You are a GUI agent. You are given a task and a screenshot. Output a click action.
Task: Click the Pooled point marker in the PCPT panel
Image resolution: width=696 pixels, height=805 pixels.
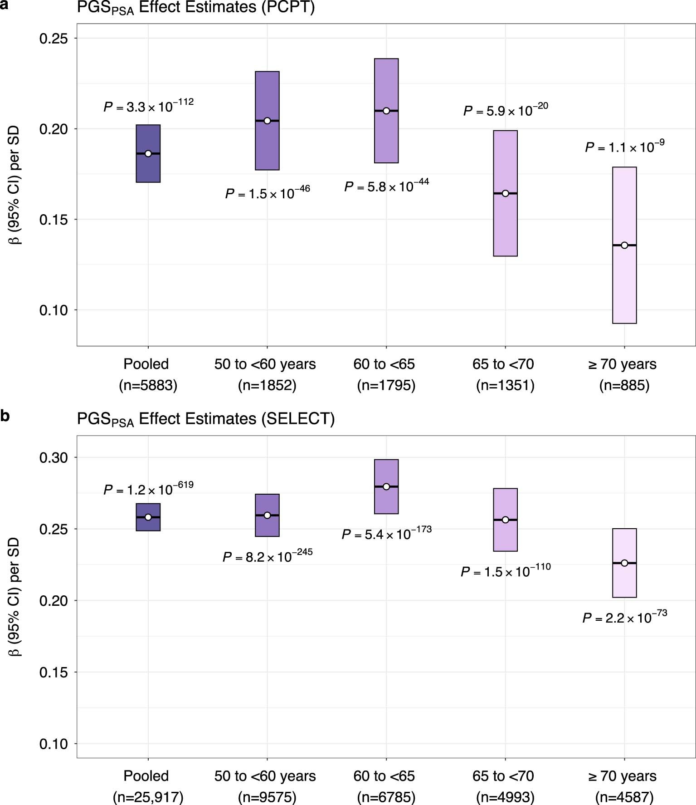point(148,153)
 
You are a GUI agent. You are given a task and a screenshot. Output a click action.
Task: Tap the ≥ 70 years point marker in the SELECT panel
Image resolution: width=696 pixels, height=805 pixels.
point(624,563)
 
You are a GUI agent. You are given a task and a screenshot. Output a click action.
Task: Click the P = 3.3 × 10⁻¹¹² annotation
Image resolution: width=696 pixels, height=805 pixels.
point(148,106)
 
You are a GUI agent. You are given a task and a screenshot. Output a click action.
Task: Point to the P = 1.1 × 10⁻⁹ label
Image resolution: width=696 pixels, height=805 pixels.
point(624,147)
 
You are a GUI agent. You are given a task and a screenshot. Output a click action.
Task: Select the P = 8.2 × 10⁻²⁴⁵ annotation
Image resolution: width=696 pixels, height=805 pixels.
point(267,556)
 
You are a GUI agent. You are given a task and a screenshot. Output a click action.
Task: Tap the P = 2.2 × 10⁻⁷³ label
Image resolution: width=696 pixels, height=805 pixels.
point(624,617)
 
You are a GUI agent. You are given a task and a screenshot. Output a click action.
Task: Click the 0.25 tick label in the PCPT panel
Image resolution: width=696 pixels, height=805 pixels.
point(54,39)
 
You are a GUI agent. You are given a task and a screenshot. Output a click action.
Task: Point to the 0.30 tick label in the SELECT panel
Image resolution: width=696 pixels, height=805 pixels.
point(54,457)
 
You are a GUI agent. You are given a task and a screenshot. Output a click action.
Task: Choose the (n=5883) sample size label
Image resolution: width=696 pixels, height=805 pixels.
point(148,385)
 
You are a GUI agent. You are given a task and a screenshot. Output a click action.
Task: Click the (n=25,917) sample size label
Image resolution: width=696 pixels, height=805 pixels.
point(148,797)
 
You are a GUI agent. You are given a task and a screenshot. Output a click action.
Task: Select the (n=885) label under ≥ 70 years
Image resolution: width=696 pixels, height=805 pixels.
point(624,385)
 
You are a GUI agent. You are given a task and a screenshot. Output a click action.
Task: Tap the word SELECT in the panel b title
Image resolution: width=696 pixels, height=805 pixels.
point(297,418)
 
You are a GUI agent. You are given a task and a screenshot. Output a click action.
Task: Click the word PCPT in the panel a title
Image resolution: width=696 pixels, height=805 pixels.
point(287,7)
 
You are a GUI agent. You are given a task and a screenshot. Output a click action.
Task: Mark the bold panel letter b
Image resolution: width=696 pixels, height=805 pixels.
point(5,416)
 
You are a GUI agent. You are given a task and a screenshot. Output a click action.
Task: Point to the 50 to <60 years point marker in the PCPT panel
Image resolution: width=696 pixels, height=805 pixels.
point(267,121)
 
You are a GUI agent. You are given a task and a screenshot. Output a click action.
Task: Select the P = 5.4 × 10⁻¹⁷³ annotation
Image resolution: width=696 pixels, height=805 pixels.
point(386,534)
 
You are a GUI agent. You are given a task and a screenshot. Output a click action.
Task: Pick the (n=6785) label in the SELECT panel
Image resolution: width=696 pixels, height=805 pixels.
point(386,797)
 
